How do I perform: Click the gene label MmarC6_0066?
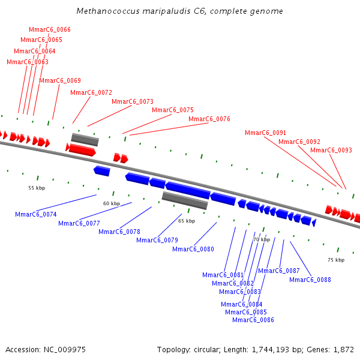coord(50,30)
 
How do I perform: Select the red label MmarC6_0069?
coord(60,81)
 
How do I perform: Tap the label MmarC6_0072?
coord(91,93)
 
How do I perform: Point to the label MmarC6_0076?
coord(209,119)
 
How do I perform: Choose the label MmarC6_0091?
coord(266,133)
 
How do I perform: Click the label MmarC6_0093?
coord(331,151)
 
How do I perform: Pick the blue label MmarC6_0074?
coord(36,215)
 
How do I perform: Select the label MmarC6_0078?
coord(119,232)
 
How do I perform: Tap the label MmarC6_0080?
coord(193,250)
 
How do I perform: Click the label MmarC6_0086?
coord(253,320)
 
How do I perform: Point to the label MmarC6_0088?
coord(310,280)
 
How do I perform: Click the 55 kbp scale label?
coord(37,188)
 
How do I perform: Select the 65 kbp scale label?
coord(187,221)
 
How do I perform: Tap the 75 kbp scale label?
coord(336,260)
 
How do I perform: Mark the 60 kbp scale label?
coord(112,204)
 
